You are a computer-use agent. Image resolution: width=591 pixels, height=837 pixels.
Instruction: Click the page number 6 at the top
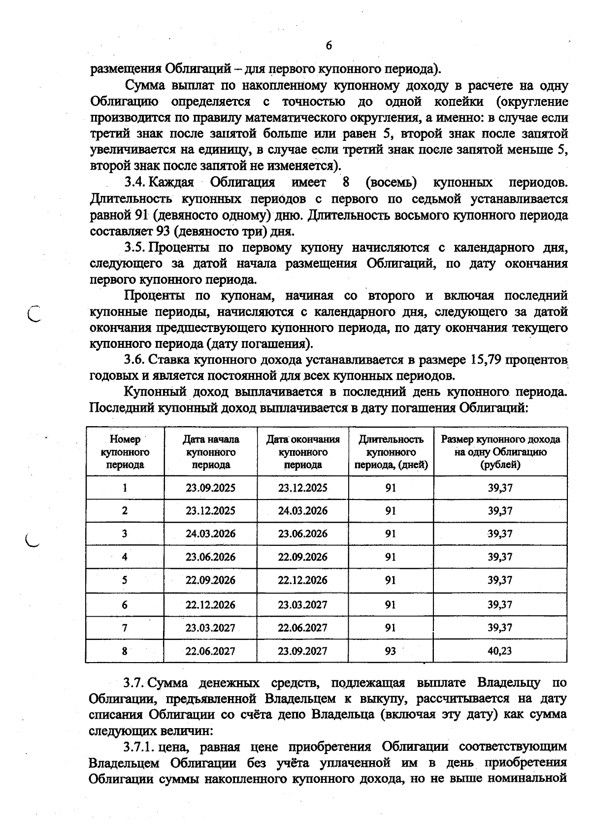[329, 45]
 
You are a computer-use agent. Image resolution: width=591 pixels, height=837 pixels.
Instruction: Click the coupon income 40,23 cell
[500, 651]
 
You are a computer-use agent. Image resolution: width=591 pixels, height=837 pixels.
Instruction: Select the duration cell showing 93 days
[391, 651]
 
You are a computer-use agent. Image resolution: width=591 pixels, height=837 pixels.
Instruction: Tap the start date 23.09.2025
[210, 488]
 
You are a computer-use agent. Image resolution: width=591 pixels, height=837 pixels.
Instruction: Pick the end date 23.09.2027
[302, 651]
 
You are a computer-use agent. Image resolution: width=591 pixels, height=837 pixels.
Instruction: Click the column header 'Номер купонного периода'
[125, 451]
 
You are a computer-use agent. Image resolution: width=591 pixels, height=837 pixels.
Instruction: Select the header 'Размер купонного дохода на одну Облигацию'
[500, 451]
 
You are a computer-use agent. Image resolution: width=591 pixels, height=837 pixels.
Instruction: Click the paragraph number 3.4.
[134, 183]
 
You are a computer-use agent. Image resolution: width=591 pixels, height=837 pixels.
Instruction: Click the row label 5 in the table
[125, 580]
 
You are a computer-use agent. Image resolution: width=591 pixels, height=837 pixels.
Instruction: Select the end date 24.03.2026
[302, 510]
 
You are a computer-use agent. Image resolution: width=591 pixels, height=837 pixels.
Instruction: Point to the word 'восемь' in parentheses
[391, 183]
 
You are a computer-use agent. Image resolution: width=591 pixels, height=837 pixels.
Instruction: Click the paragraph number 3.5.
[134, 247]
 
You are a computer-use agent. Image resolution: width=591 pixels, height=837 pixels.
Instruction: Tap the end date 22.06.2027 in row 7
[302, 628]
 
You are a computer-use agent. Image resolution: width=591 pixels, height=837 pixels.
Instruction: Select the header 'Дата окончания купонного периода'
[303, 451]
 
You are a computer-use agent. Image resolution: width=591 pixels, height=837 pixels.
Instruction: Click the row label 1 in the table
[125, 488]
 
